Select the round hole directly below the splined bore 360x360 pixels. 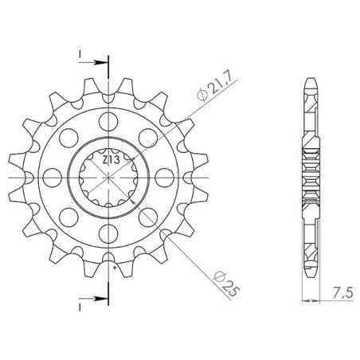106,232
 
